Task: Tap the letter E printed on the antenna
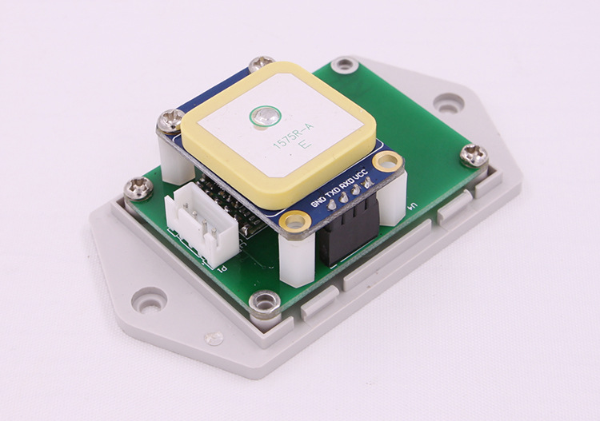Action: (303, 145)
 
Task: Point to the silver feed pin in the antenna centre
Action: (260, 117)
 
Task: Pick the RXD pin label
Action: (346, 183)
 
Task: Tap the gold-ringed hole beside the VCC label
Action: (388, 162)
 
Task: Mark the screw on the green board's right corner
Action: (474, 155)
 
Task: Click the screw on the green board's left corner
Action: (138, 189)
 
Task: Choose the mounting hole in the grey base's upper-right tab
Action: (448, 102)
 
